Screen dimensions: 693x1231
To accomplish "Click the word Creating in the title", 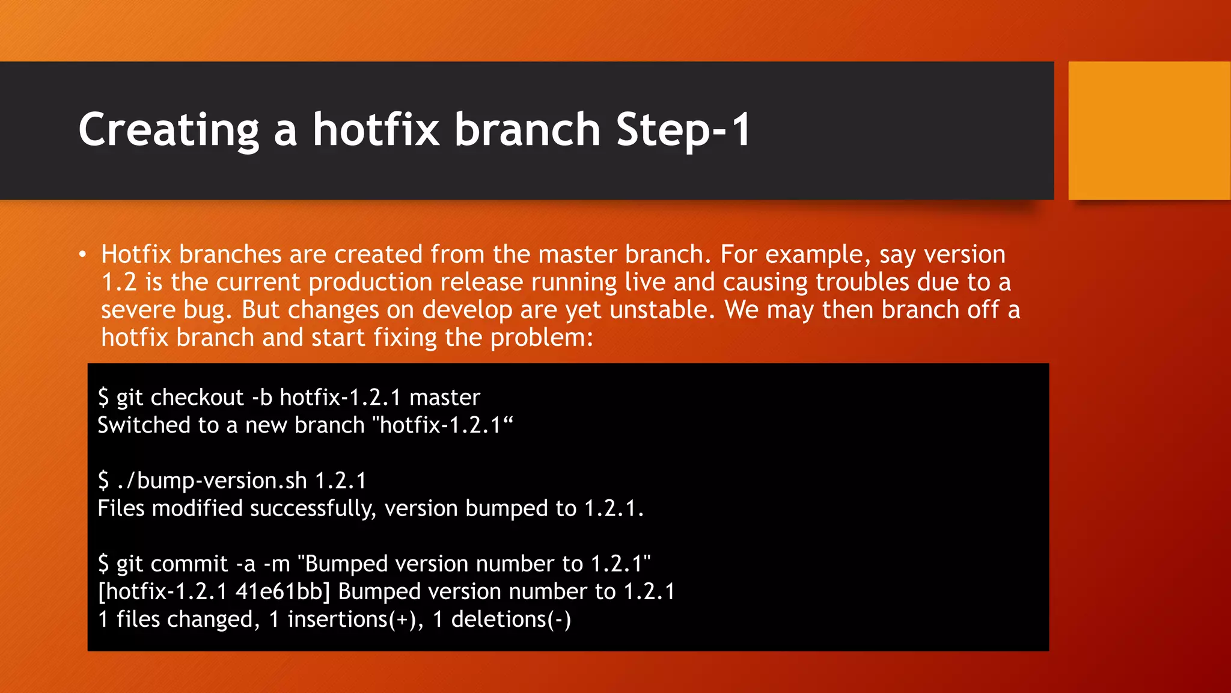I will [169, 130].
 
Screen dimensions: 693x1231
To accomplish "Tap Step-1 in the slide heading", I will [683, 130].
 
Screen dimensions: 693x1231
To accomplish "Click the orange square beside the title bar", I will [1149, 131].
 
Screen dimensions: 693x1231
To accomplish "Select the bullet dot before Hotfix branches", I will [83, 254].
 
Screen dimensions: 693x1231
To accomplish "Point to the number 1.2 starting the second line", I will [119, 282].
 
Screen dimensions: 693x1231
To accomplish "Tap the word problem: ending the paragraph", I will [542, 337].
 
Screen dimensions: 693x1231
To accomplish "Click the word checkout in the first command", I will [197, 398].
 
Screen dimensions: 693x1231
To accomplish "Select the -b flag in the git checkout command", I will [262, 398].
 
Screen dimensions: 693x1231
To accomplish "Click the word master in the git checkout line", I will [445, 398].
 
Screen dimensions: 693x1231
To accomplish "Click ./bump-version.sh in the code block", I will [212, 481].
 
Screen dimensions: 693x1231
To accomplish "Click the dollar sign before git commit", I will [103, 564].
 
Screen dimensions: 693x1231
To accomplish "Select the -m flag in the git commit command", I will [276, 564].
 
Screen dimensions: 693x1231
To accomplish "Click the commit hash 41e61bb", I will [283, 592].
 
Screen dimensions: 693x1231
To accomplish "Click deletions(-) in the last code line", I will [511, 620].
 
